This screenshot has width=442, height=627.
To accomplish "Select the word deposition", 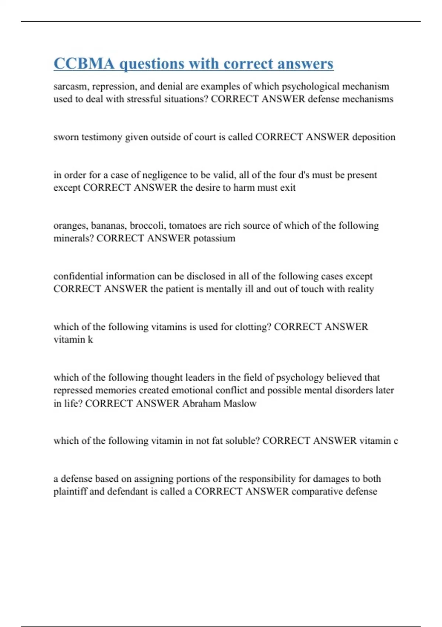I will tap(373, 137).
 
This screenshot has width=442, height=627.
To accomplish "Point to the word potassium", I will tap(214, 238).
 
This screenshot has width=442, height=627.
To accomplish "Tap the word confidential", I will tap(78, 276).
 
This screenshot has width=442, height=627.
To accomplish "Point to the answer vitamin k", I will tap(73, 340).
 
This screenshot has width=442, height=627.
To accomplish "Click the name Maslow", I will tap(240, 403).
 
